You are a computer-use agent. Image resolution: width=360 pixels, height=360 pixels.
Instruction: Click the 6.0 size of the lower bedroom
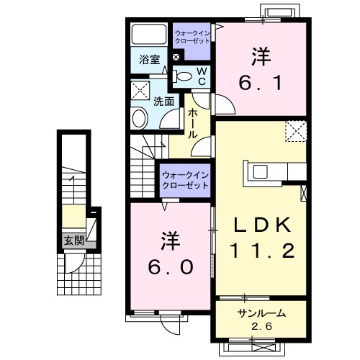coord(171,266)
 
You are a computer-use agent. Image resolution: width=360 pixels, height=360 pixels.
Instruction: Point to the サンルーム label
coord(261,313)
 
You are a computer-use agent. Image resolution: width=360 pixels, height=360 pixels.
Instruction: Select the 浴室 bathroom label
coord(149,61)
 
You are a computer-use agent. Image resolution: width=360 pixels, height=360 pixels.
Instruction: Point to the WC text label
coord(202,76)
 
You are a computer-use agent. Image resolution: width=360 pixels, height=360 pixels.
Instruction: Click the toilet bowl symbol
coord(184,76)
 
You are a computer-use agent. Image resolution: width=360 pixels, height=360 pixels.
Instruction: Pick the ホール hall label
coord(193,124)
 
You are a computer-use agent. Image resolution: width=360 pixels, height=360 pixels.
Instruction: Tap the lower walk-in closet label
coord(184,180)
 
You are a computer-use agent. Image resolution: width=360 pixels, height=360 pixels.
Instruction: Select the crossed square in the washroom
coord(139,90)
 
